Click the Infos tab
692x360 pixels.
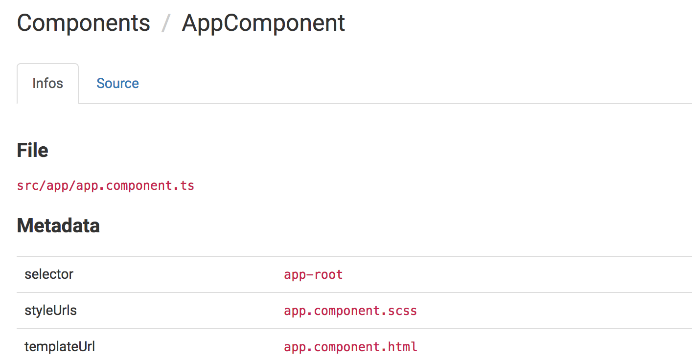[47, 83]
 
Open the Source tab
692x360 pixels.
[117, 83]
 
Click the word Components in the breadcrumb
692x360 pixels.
[84, 23]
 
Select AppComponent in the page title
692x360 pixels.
[263, 23]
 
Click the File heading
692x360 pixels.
[32, 150]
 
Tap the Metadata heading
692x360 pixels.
[58, 225]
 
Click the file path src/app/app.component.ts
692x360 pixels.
[106, 186]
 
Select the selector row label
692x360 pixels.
[49, 274]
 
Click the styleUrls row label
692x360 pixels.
[51, 311]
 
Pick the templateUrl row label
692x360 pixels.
[60, 347]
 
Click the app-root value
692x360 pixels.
[313, 275]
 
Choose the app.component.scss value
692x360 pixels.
[350, 311]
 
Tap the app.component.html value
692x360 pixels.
[350, 347]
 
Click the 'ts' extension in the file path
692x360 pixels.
[188, 186]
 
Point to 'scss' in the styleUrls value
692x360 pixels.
[405, 311]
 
